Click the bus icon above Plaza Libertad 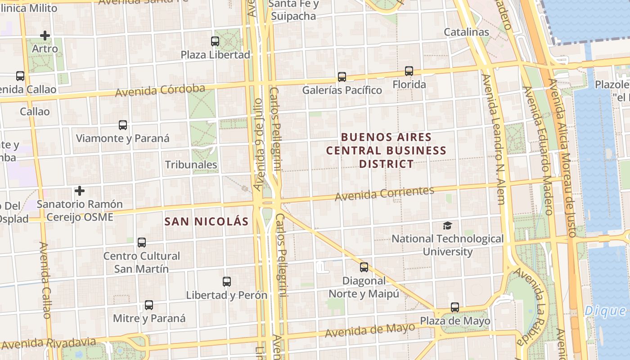[x=215, y=41]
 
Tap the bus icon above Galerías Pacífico [x=342, y=77]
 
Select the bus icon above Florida [x=409, y=71]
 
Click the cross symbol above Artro [x=45, y=35]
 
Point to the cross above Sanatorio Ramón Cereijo [x=80, y=191]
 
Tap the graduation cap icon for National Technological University [x=447, y=225]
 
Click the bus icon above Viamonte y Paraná [x=122, y=125]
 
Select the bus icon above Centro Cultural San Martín [x=142, y=243]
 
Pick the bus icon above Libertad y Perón [x=227, y=282]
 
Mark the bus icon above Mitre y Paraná [x=149, y=305]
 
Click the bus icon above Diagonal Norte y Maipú [x=364, y=267]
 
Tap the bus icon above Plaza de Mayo [x=455, y=308]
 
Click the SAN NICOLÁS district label [x=207, y=221]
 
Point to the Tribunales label [x=191, y=165]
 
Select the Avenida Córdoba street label [x=160, y=90]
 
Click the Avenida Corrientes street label [x=384, y=193]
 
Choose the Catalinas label [x=466, y=32]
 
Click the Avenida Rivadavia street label [x=49, y=343]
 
